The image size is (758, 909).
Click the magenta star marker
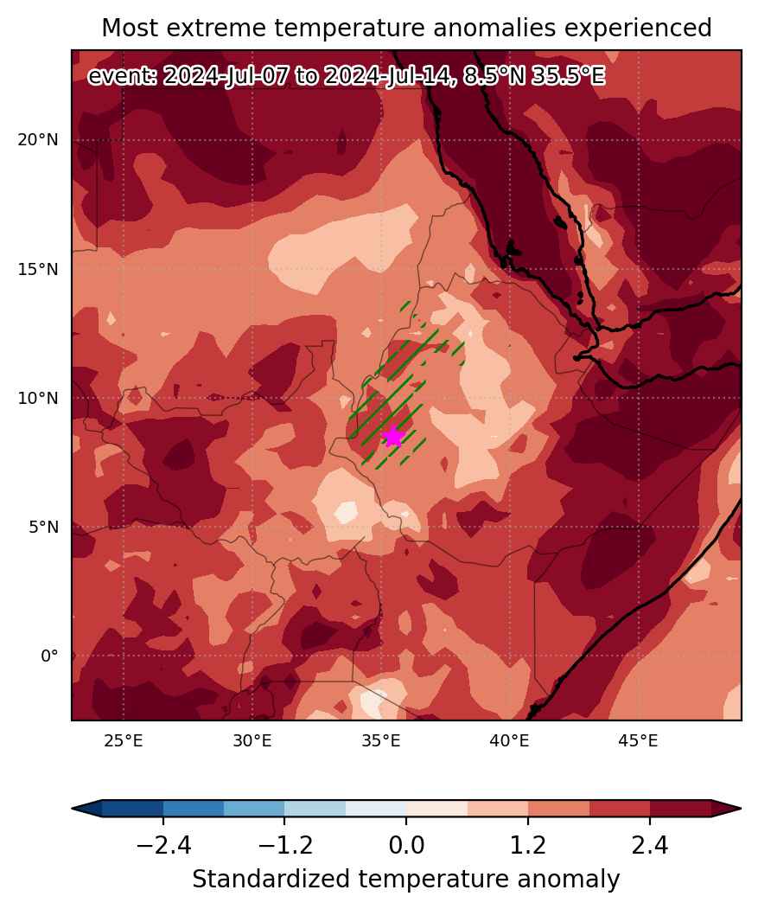[393, 437]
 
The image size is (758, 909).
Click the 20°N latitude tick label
[38, 140]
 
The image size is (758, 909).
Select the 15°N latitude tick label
[38, 269]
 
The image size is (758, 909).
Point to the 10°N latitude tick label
[38, 398]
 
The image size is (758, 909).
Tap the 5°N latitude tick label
[44, 527]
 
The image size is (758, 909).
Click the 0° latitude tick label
[49, 656]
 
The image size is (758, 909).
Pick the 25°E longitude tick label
[124, 740]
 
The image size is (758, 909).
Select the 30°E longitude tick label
[252, 740]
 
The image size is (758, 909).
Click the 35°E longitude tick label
[381, 740]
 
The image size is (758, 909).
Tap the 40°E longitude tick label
[509, 740]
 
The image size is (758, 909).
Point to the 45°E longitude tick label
[638, 740]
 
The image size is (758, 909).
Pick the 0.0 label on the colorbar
[406, 846]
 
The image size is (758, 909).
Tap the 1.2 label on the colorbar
[528, 846]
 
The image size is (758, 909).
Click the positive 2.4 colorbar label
[650, 846]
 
